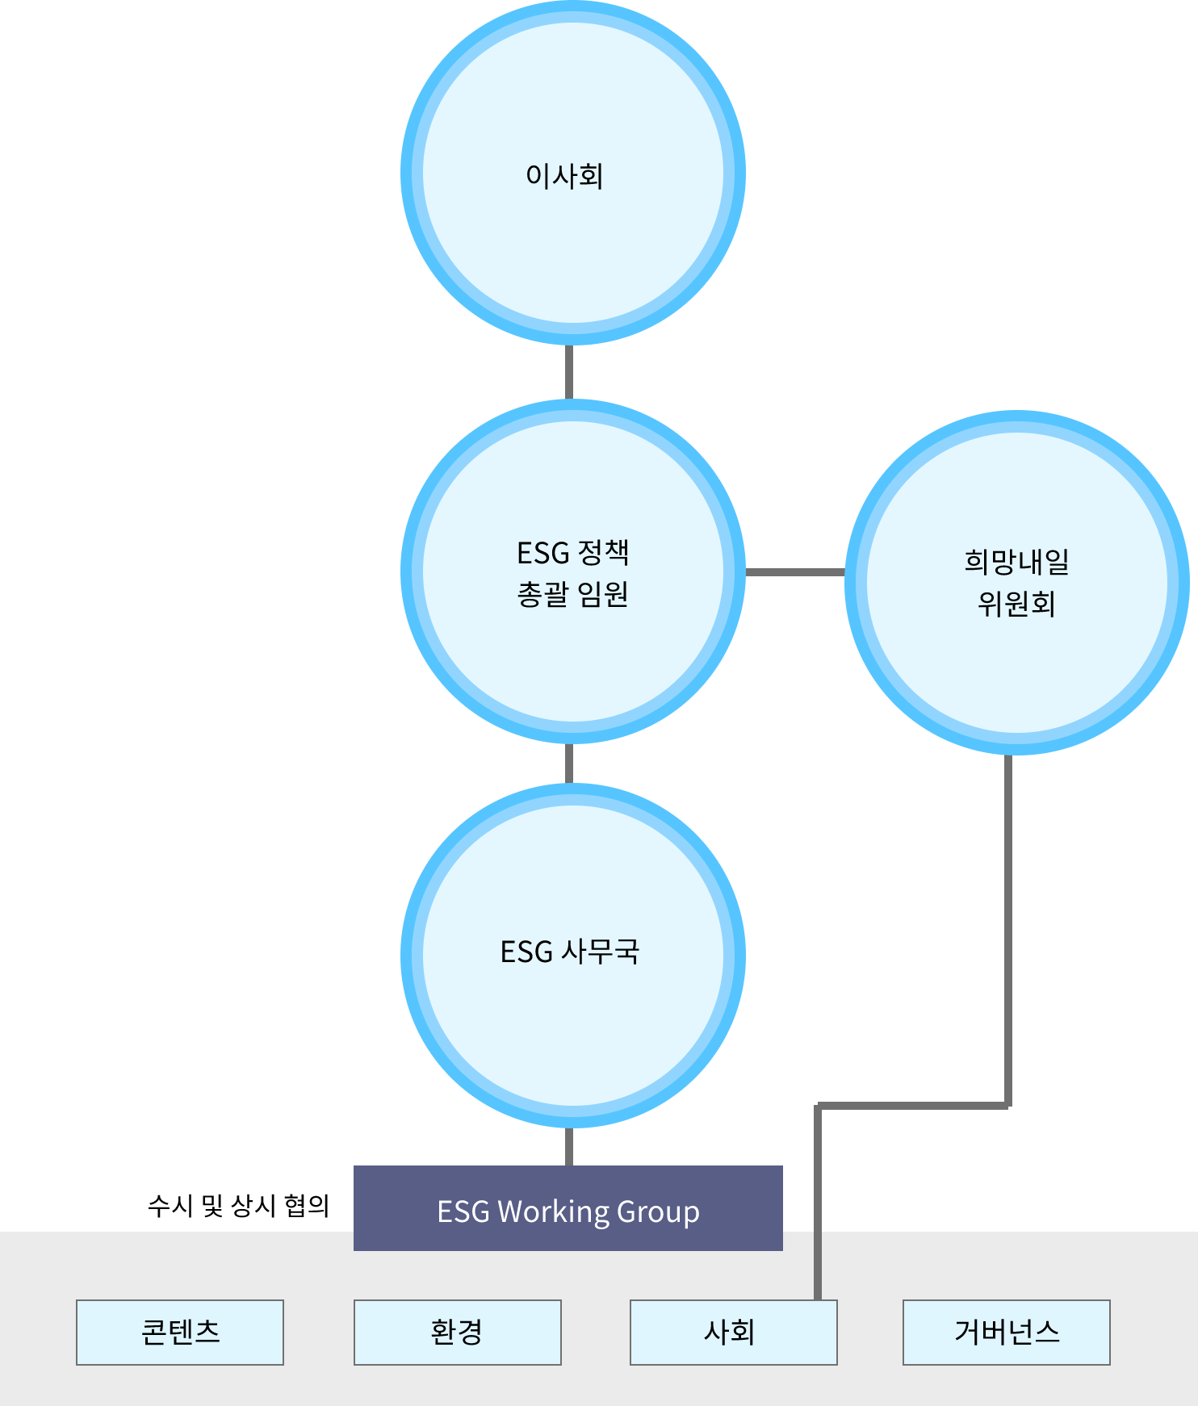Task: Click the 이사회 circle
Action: (572, 173)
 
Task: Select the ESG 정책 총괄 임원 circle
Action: (572, 571)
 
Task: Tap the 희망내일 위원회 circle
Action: (1016, 583)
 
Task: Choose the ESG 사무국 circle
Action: (572, 956)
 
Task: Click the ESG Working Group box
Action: (568, 1208)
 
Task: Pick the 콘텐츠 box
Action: (180, 1333)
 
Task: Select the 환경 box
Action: (457, 1333)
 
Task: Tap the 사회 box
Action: (733, 1333)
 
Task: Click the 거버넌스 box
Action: (1006, 1333)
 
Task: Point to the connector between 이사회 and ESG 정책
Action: (569, 372)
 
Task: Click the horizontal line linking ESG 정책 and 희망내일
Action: (795, 572)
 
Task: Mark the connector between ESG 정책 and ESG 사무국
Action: (569, 764)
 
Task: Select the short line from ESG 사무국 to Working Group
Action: (569, 1147)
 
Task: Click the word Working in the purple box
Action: (553, 1212)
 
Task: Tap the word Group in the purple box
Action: (658, 1212)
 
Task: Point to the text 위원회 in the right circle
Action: (1016, 604)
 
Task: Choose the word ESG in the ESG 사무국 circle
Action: (526, 952)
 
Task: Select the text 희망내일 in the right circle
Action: (1016, 562)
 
